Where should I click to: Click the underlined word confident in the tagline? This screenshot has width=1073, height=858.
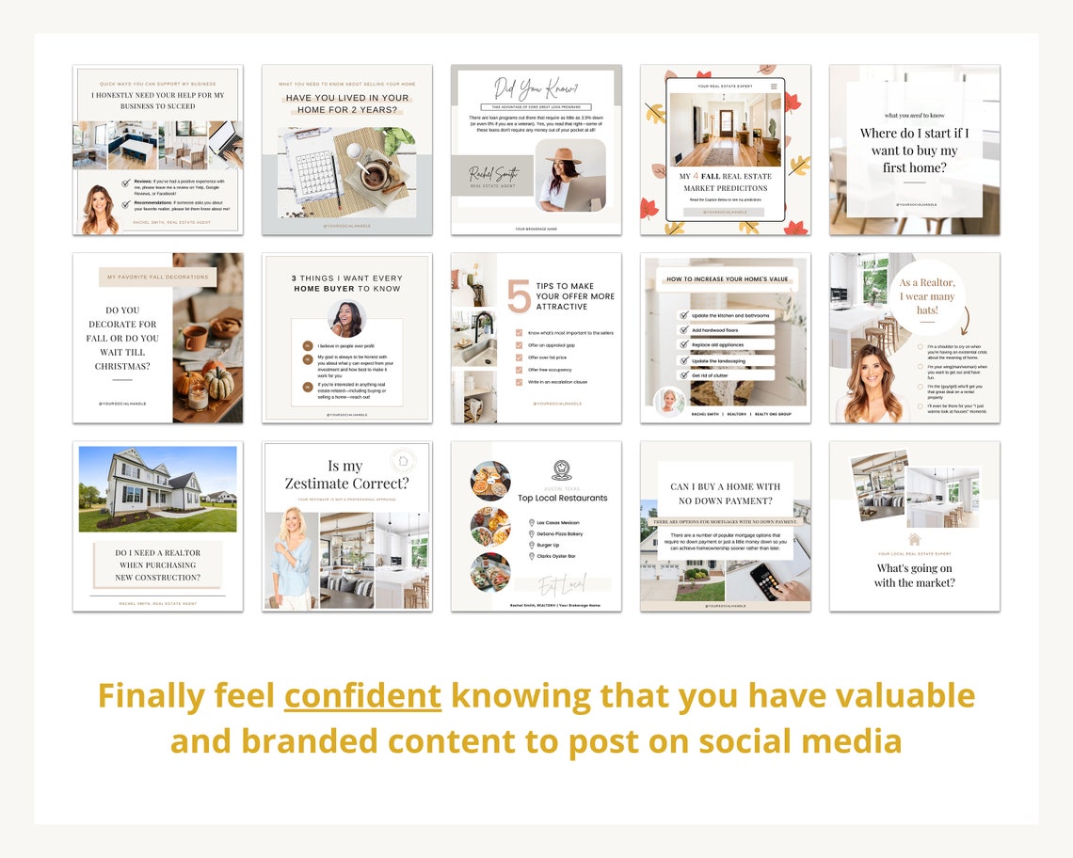[362, 696]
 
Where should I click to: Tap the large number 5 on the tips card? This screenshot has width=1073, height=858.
[519, 296]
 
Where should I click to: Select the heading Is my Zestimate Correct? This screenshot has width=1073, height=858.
[347, 474]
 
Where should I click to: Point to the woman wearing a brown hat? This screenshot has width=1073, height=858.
[569, 174]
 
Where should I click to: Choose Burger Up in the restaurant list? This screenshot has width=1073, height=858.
[550, 545]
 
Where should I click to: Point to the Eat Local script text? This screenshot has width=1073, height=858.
[563, 584]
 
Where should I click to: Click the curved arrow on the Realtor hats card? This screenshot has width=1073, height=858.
[962, 321]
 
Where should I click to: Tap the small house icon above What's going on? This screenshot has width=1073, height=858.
[913, 539]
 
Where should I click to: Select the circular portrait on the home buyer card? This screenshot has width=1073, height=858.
[346, 318]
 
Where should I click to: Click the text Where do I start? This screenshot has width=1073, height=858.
[914, 134]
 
